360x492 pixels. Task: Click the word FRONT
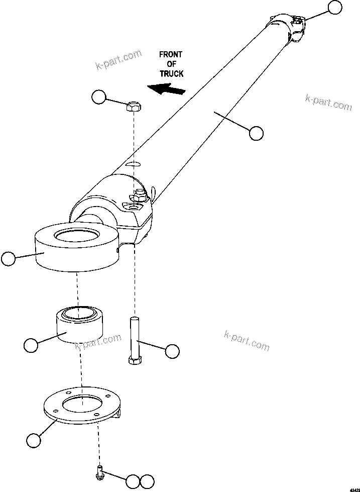(x=171, y=54)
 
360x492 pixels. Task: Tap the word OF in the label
(x=171, y=64)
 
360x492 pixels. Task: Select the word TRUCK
(x=172, y=73)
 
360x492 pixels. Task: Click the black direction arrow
(x=167, y=89)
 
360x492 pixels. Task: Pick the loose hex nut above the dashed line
(x=134, y=106)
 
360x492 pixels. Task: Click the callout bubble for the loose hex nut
(x=99, y=97)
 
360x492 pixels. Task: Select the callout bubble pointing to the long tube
(x=256, y=133)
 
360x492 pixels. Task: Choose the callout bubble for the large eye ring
(x=9, y=259)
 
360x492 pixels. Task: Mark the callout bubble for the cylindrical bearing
(x=31, y=345)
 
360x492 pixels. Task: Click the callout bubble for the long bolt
(x=172, y=351)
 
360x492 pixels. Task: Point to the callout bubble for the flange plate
(x=33, y=440)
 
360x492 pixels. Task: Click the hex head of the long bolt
(x=134, y=359)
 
